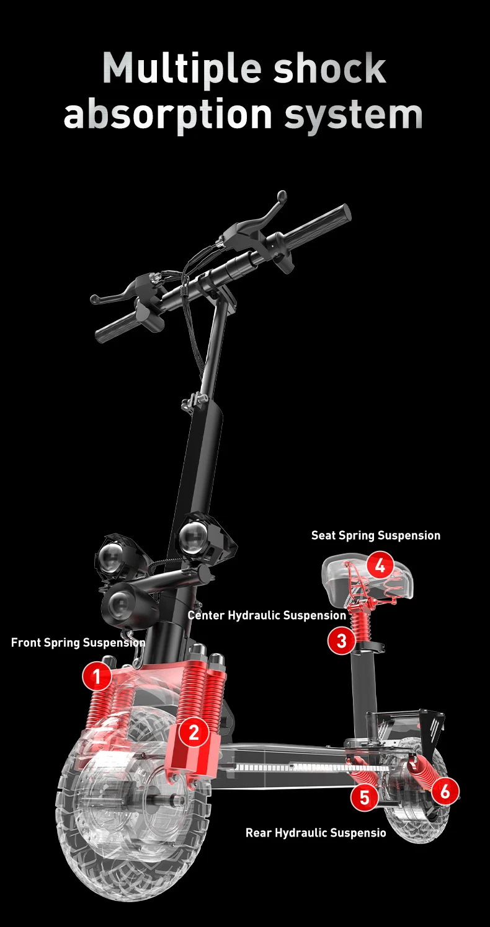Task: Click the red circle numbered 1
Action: [x=97, y=677]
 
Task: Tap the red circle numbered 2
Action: [x=194, y=732]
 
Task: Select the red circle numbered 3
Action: [x=341, y=641]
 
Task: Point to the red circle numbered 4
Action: [x=380, y=565]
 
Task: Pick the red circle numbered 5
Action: [x=365, y=797]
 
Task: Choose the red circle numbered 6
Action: [x=445, y=791]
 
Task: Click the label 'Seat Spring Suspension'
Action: [x=376, y=535]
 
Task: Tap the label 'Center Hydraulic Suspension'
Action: [x=267, y=615]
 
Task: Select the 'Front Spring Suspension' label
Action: [x=78, y=643]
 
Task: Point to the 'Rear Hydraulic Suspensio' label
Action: [x=316, y=833]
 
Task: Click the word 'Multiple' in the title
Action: [x=181, y=69]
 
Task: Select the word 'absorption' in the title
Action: [x=167, y=113]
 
